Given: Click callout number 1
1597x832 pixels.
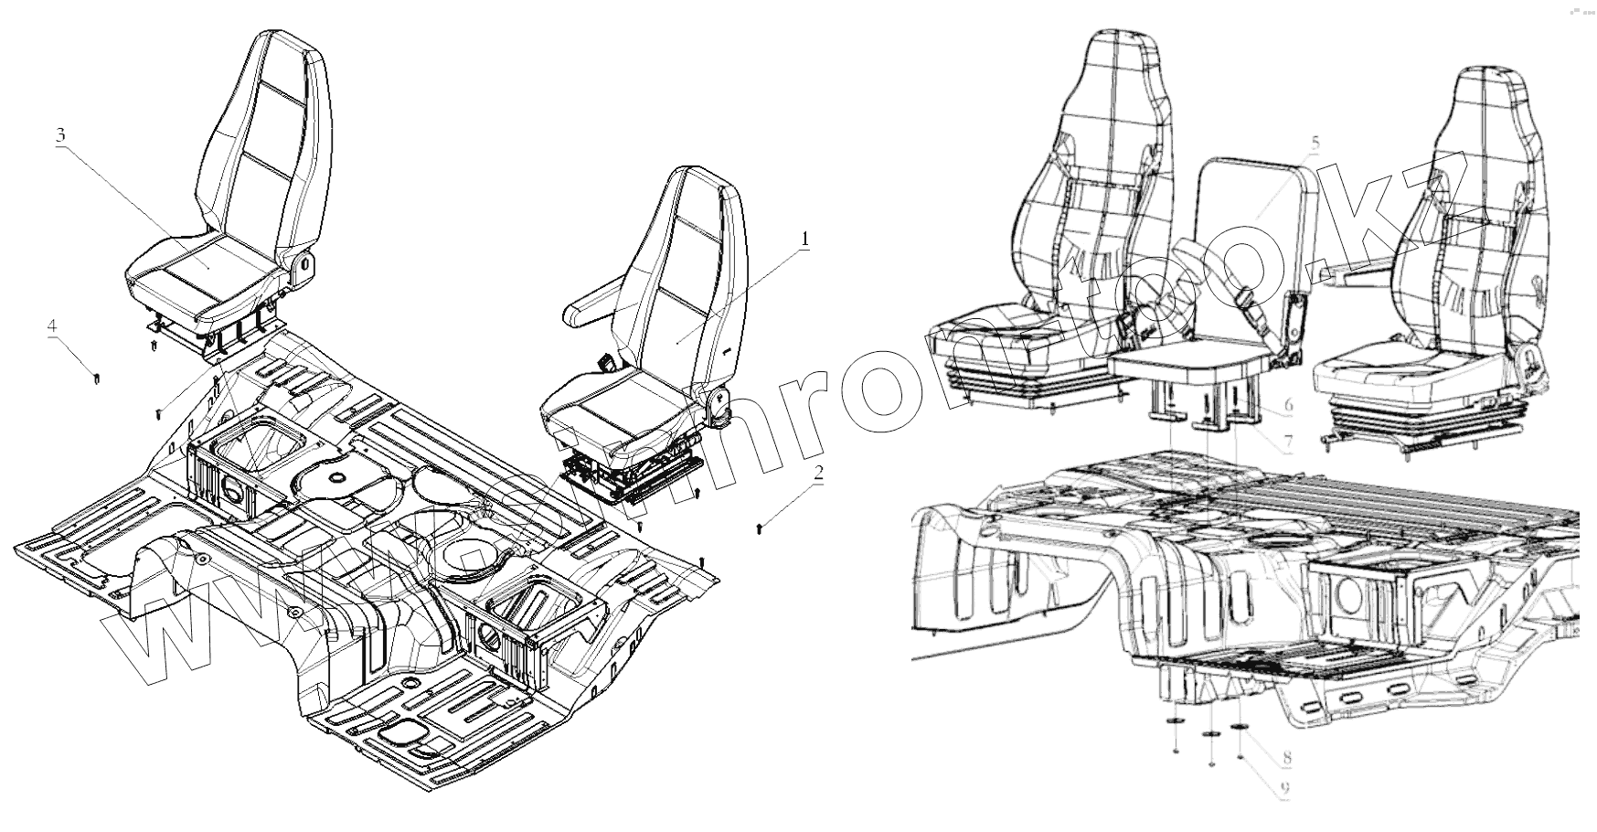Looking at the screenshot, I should pos(804,240).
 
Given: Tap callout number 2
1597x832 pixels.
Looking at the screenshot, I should pos(819,474).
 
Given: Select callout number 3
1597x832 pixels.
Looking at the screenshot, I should pos(60,135).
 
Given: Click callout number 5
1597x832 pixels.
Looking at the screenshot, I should pos(1315,144).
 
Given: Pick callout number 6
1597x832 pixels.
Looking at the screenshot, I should pos(1287,404).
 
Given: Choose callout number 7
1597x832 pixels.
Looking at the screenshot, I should pos(1287,441).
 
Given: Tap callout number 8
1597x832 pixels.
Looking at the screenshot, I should pos(1287,757).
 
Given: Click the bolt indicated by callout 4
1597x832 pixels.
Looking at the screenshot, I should pos(96,377).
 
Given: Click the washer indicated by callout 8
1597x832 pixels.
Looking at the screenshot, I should pos(1240,728).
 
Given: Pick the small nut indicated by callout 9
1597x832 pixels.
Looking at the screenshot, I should pos(1239,758).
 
